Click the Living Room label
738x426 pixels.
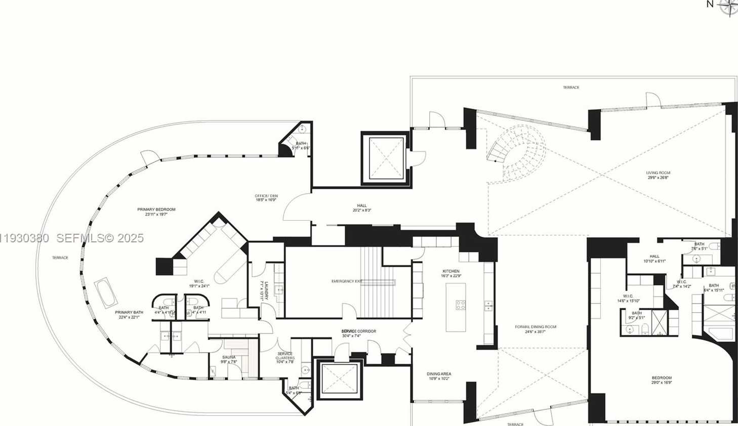pos(658,173)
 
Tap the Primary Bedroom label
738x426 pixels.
pos(156,209)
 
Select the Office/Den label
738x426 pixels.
pos(266,196)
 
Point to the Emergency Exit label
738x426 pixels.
pos(347,281)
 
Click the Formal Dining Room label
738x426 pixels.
pos(536,327)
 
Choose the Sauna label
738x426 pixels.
pos(229,357)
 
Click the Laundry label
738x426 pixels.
pos(262,290)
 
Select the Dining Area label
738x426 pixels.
pos(439,374)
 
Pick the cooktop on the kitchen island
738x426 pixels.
pos(461,305)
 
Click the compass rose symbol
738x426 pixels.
pos(728,7)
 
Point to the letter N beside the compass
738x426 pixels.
pos(710,5)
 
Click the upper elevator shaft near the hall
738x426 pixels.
pos(385,158)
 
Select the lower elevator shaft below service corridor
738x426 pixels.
pos(339,378)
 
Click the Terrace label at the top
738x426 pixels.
pos(571,88)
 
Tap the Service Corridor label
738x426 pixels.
pos(358,331)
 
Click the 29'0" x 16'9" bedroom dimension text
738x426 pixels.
pos(662,383)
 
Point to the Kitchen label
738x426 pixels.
pos(450,271)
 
